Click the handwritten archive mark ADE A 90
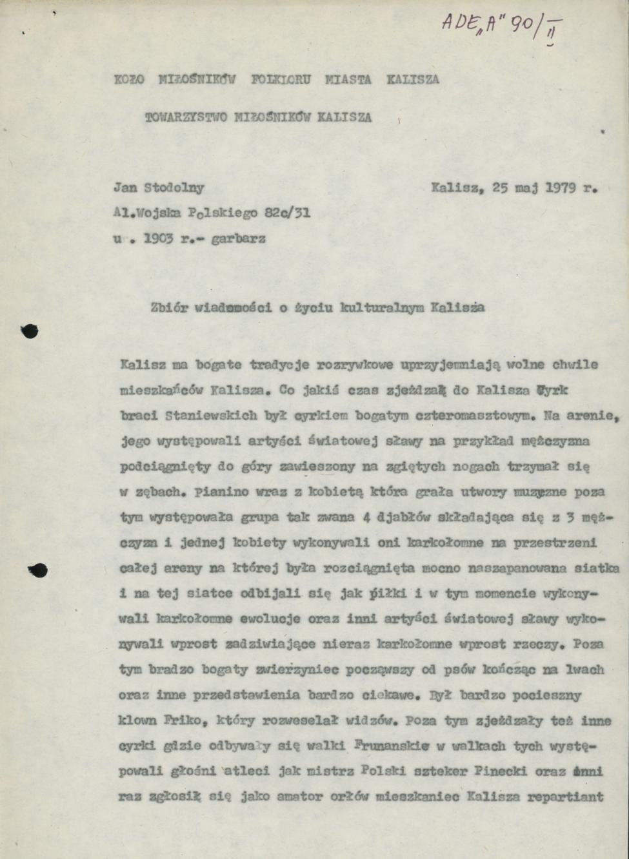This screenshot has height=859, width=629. [x=501, y=26]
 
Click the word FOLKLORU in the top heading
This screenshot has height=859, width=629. [x=281, y=80]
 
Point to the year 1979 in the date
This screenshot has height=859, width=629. [x=561, y=188]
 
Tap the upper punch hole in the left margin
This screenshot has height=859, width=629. [x=30, y=331]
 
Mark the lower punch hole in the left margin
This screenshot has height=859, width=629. [x=37, y=570]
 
